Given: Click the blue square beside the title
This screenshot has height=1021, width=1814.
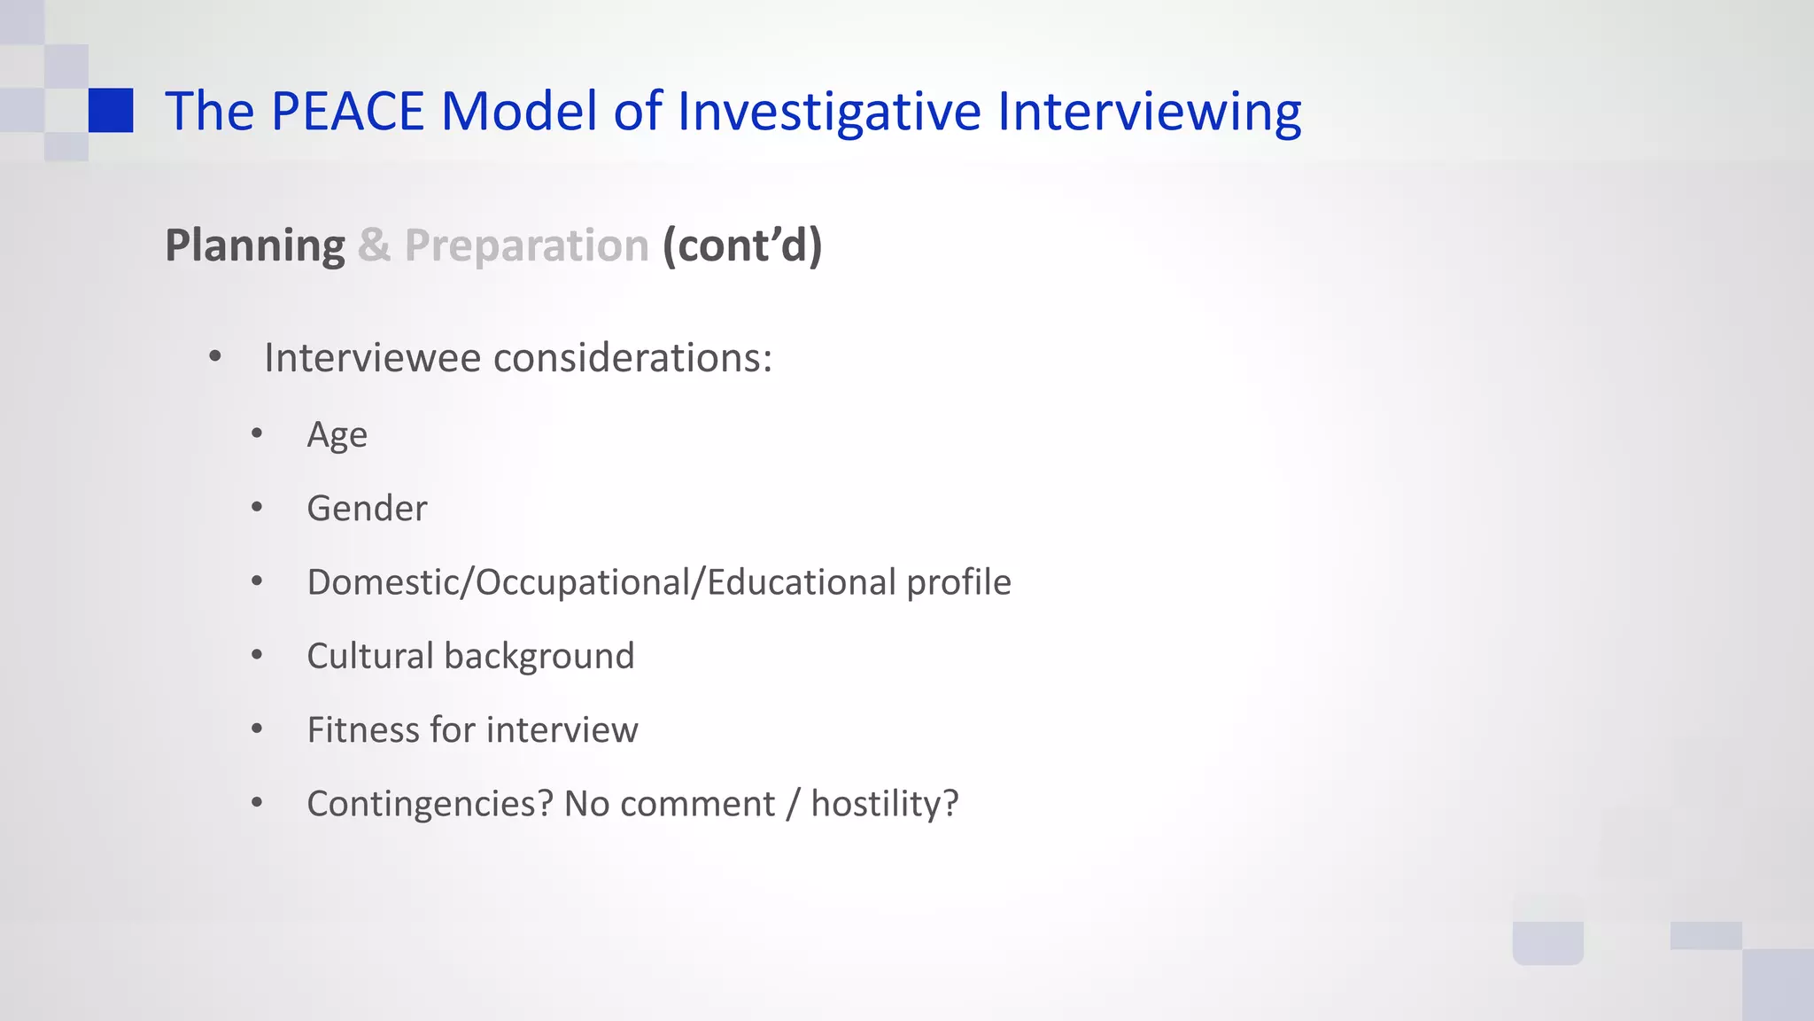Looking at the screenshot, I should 111,110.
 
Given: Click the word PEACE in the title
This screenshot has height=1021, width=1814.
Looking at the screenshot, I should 347,112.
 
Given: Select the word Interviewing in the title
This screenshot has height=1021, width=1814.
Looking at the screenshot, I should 1149,112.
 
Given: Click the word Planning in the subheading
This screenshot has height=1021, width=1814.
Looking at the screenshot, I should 255,246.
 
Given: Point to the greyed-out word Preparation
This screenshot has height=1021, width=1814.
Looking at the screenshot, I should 527,246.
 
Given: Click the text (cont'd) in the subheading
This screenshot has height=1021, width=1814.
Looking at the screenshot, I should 742,246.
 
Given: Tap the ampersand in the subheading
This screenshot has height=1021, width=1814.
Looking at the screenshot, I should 374,246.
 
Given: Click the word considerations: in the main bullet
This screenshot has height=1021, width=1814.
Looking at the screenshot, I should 632,358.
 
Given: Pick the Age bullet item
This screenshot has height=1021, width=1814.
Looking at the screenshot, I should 337,434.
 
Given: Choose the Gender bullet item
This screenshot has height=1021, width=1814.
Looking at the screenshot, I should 367,509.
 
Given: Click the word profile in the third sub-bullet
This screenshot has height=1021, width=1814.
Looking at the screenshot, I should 958,582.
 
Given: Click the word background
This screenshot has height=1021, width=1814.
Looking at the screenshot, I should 539,656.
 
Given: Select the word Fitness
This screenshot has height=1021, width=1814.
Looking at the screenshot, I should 363,730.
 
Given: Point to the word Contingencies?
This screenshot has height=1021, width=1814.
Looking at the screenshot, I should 430,804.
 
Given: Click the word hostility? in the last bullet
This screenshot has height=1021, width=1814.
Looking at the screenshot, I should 885,804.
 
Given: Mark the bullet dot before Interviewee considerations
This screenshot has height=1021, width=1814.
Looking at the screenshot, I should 215,358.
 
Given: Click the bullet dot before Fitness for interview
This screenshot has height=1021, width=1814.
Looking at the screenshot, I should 257,729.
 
